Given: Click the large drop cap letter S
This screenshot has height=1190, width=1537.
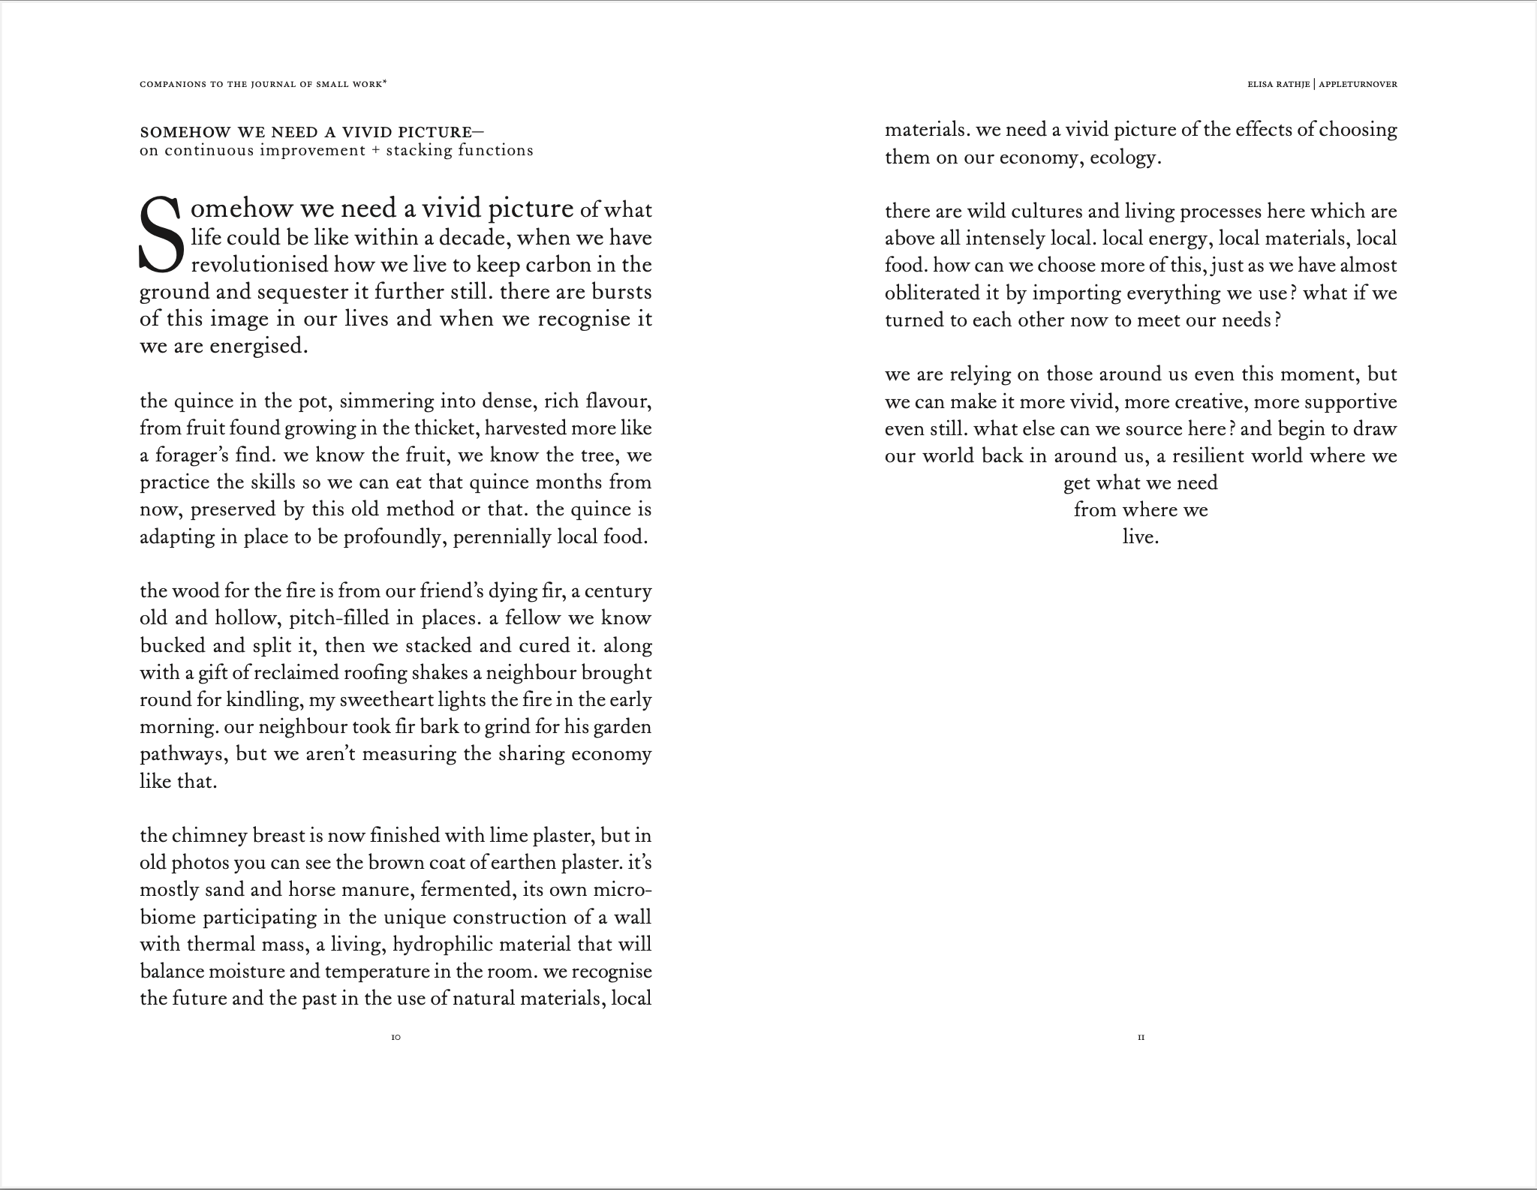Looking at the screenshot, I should coord(161,234).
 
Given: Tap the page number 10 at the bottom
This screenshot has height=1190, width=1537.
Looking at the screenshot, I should coord(396,1038).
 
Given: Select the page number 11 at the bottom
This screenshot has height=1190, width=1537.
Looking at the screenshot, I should coord(1141,1038).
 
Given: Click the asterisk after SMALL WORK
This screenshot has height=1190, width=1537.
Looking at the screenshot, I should coord(385,83).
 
